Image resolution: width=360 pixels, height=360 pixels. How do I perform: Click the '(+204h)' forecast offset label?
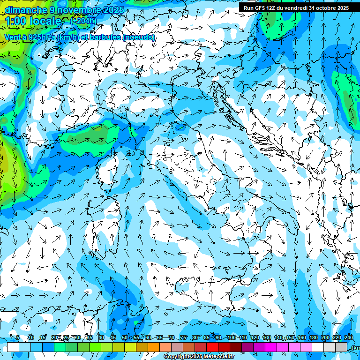coord(83,21)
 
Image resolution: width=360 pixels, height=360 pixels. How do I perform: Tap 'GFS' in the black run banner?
coord(261,8)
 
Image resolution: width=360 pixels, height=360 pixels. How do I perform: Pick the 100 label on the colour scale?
coord(231,337)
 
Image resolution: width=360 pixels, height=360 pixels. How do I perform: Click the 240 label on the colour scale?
coord(349,337)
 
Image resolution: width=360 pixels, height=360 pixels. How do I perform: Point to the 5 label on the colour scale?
coord(18,337)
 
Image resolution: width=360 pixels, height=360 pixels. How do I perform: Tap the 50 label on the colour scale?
coord(125,337)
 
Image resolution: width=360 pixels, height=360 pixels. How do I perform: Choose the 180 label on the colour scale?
coord(313,337)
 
